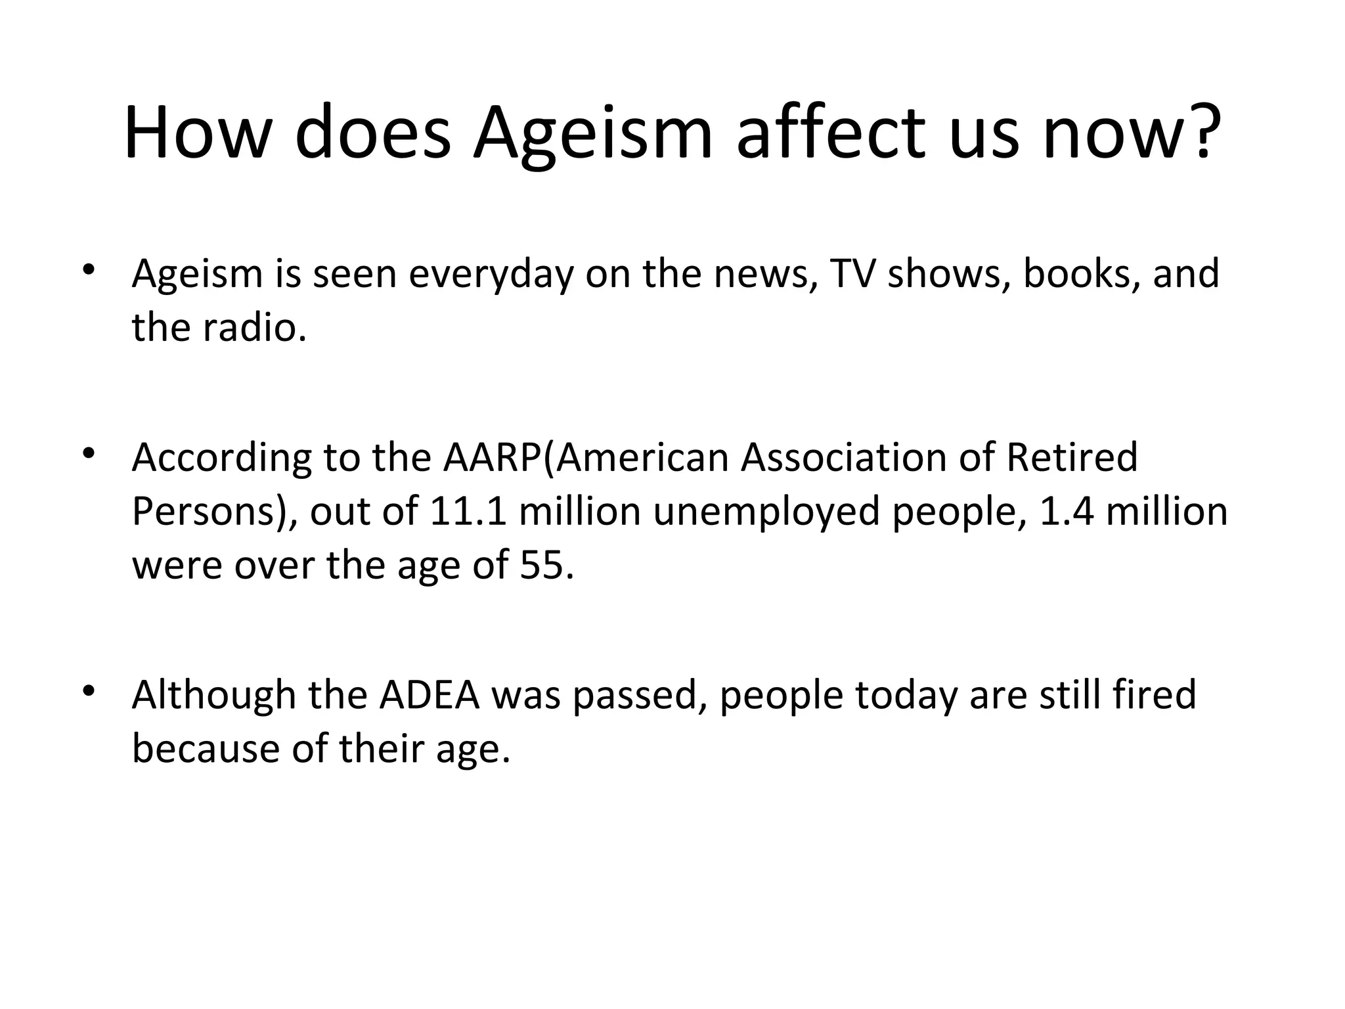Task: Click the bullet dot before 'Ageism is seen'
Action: pos(89,270)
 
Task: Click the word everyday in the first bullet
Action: pos(491,275)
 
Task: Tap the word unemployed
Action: pos(766,512)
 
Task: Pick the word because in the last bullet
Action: pos(206,749)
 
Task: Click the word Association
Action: pos(843,458)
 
